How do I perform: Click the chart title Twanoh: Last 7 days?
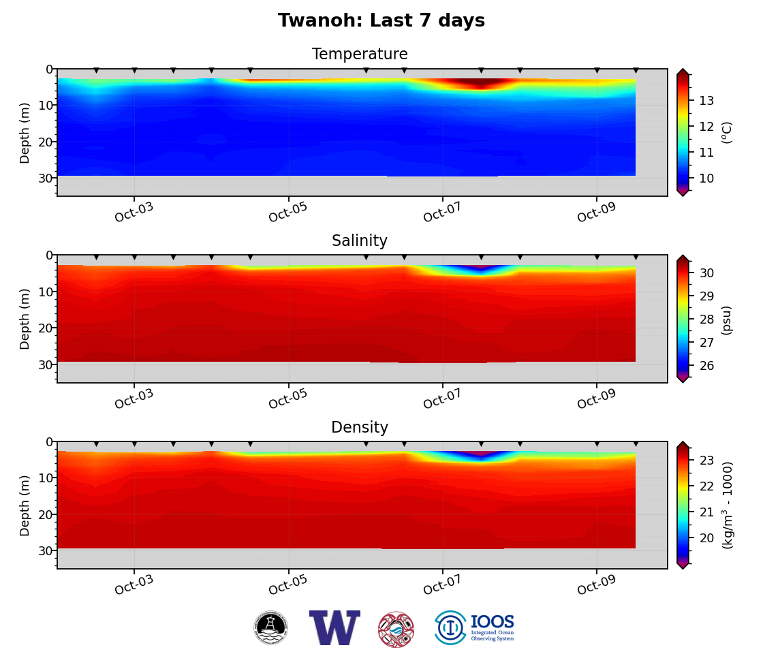[381, 21]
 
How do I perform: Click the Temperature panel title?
[360, 54]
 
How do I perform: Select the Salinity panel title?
[360, 241]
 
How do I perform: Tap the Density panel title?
[360, 428]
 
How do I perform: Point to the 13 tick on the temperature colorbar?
[706, 101]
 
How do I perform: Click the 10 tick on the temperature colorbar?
[706, 178]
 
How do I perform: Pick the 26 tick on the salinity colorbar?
[706, 366]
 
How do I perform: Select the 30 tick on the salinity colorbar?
[706, 273]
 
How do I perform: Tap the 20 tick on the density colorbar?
[706, 538]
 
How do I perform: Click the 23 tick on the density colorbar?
[706, 461]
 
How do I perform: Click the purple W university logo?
[334, 627]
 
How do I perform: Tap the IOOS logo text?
[492, 623]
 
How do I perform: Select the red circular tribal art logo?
[396, 629]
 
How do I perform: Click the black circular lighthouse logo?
[271, 627]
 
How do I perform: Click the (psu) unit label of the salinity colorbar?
[727, 320]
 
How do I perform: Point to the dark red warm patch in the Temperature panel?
[481, 82]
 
